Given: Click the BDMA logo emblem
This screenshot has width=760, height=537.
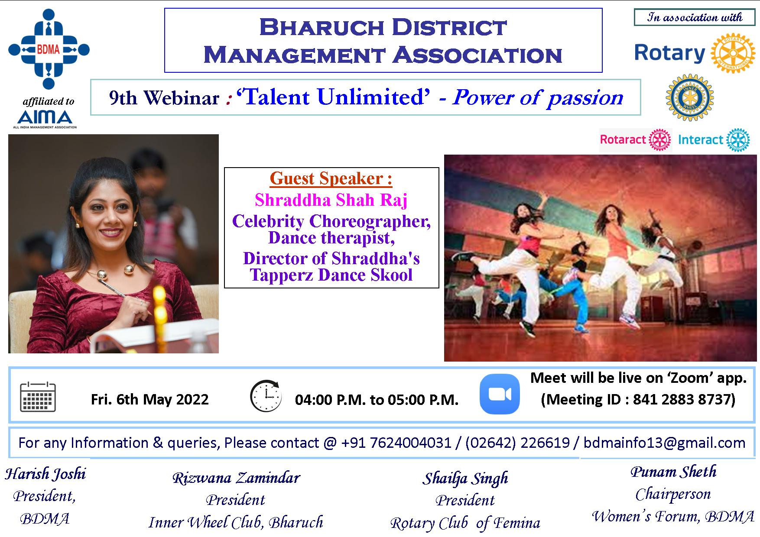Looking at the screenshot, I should pyautogui.click(x=49, y=49).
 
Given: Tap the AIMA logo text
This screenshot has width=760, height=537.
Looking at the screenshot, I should pyautogui.click(x=45, y=117).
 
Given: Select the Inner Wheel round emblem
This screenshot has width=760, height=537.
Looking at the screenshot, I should pyautogui.click(x=689, y=97).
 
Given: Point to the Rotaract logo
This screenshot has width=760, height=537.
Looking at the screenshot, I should pyautogui.click(x=635, y=140).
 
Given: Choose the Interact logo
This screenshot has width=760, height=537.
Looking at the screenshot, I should pyautogui.click(x=713, y=140).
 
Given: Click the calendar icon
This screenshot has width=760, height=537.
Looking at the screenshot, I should pyautogui.click(x=38, y=397).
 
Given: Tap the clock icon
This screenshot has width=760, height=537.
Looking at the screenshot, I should pyautogui.click(x=266, y=396).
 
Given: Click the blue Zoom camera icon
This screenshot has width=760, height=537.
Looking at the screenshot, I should pyautogui.click(x=500, y=394).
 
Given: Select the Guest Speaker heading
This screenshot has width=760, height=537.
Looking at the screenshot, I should pyautogui.click(x=331, y=178).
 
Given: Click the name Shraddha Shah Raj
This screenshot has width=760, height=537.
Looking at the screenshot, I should pyautogui.click(x=331, y=200).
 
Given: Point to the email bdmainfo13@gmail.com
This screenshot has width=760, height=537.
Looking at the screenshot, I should pyautogui.click(x=664, y=443).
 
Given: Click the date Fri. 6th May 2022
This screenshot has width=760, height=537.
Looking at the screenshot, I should pyautogui.click(x=149, y=399).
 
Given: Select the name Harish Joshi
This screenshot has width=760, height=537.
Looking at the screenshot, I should pyautogui.click(x=45, y=474).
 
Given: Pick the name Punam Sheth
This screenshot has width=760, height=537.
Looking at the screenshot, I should pyautogui.click(x=673, y=472).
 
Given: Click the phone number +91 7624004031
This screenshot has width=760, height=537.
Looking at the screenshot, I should pyautogui.click(x=396, y=443).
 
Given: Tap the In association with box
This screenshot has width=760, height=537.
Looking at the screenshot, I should pyautogui.click(x=695, y=18).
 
